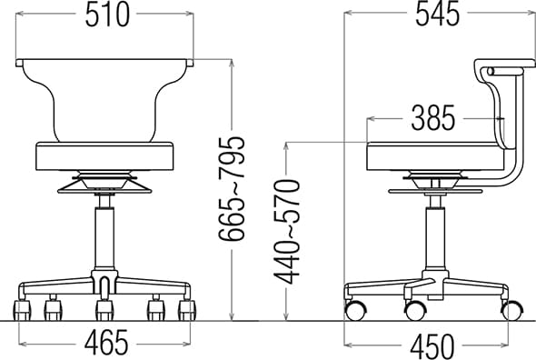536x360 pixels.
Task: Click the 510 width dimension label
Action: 106,15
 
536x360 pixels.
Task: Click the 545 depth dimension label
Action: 437,15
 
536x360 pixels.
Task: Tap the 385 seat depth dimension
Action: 432,118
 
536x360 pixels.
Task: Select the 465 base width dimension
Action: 106,344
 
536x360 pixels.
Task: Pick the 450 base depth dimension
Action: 432,345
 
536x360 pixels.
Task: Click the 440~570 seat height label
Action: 289,231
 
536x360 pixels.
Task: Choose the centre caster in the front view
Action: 104,311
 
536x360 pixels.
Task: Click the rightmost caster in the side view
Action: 511,310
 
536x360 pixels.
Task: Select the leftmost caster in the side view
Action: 354,310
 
